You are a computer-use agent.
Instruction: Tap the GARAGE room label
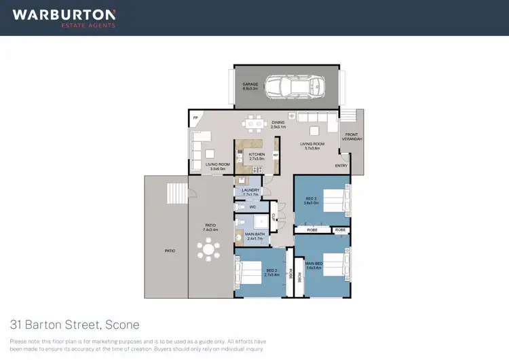pos(251,86)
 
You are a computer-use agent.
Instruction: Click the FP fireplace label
pos(195,118)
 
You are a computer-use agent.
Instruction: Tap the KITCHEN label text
pos(257,154)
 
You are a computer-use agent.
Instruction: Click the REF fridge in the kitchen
pos(275,155)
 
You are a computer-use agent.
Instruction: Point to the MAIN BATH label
pos(255,236)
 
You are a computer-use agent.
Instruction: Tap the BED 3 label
pos(311,198)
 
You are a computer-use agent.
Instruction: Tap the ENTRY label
pos(341,166)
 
